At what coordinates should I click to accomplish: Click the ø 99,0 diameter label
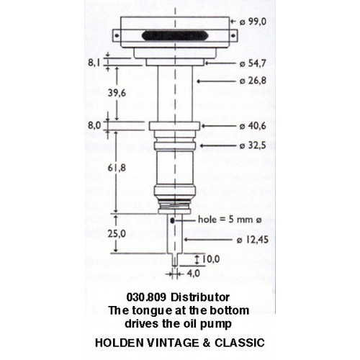pyautogui.click(x=253, y=22)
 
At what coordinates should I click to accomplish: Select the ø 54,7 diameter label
pyautogui.click(x=253, y=63)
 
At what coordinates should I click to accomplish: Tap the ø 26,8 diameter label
pyautogui.click(x=253, y=81)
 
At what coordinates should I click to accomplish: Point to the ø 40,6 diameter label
pyautogui.click(x=253, y=126)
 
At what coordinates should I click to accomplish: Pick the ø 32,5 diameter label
pyautogui.click(x=253, y=145)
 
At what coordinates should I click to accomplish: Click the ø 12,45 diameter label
pyautogui.click(x=253, y=240)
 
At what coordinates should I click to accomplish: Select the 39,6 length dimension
pyautogui.click(x=117, y=93)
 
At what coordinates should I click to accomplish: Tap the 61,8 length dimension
pyautogui.click(x=117, y=168)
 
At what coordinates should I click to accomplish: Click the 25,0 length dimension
pyautogui.click(x=117, y=233)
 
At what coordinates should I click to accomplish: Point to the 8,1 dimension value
pyautogui.click(x=94, y=63)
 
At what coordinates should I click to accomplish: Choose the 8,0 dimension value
pyautogui.click(x=94, y=125)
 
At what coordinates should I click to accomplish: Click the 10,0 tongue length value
pyautogui.click(x=211, y=259)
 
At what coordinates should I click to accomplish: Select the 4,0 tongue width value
pyautogui.click(x=194, y=274)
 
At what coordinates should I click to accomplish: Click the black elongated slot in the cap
pyautogui.click(x=175, y=36)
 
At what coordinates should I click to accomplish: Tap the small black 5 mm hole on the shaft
pyautogui.click(x=172, y=220)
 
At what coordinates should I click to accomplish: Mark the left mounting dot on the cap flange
pyautogui.click(x=117, y=36)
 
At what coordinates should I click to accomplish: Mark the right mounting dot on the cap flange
pyautogui.click(x=233, y=36)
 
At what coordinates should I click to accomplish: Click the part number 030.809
pyautogui.click(x=146, y=297)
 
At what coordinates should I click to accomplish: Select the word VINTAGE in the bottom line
pyautogui.click(x=173, y=343)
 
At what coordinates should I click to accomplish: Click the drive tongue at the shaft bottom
pyautogui.click(x=175, y=260)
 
